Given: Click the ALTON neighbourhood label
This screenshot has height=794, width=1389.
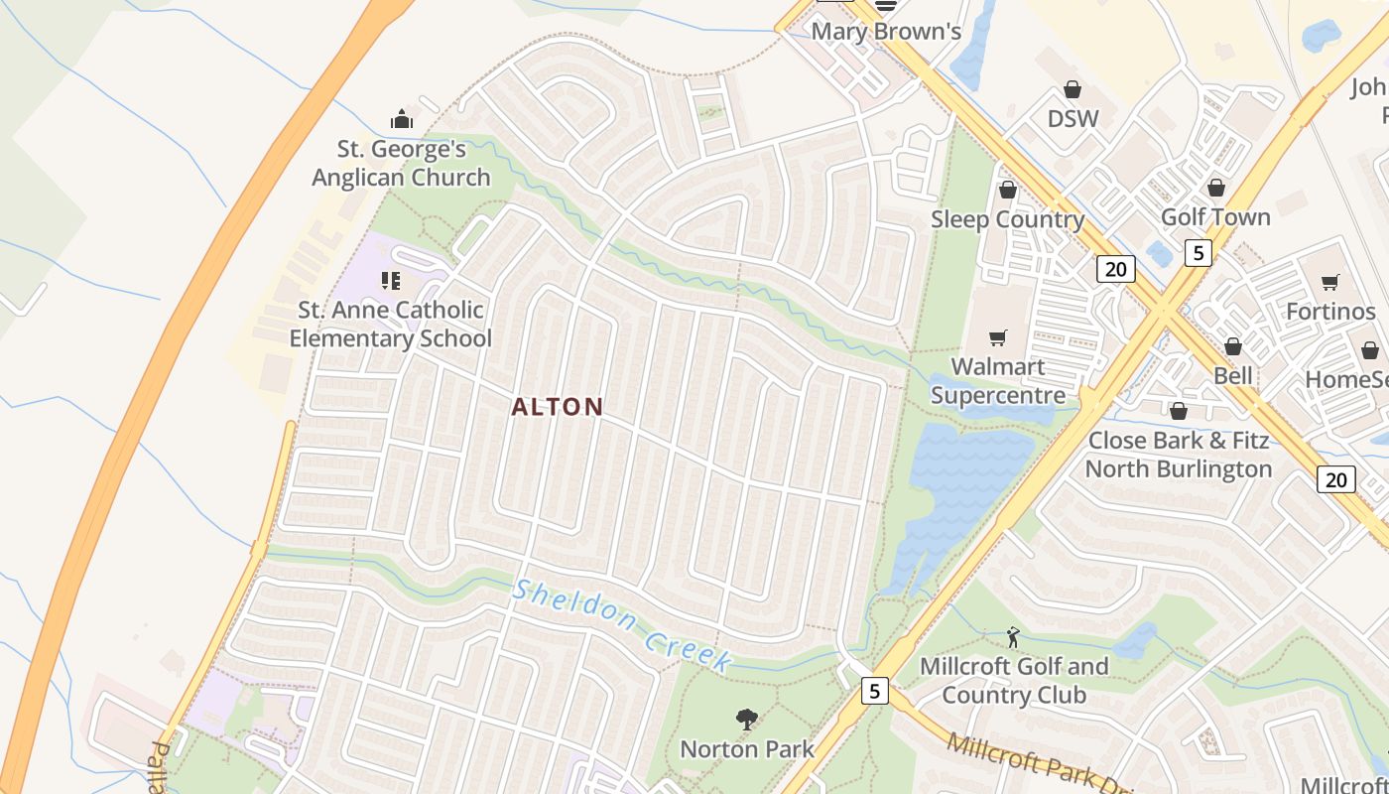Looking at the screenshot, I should click(558, 407).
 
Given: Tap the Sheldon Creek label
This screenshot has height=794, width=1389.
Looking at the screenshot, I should click(623, 626).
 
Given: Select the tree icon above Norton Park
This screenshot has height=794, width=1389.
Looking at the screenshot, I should click(747, 720).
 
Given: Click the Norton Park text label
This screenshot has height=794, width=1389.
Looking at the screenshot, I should click(747, 749).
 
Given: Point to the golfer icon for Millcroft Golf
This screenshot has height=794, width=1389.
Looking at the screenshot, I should click(1013, 637).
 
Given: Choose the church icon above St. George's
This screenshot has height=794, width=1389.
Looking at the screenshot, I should click(402, 120).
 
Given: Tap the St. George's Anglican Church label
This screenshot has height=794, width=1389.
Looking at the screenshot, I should click(402, 164).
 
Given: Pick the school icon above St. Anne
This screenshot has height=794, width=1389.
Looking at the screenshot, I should click(391, 281).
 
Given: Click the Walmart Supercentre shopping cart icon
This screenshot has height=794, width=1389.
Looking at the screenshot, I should click(998, 338).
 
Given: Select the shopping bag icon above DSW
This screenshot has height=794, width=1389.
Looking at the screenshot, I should click(1073, 90).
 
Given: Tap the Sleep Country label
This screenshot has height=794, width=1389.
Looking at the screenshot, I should click(1007, 219).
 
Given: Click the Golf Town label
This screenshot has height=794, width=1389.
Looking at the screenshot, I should click(1215, 216).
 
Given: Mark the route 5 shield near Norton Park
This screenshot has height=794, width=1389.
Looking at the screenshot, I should click(874, 691).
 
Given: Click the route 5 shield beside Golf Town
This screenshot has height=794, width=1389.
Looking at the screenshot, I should click(1199, 253).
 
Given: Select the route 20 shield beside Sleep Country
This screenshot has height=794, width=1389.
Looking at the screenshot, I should click(1116, 268).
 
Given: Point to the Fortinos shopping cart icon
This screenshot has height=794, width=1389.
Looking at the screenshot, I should click(1330, 283).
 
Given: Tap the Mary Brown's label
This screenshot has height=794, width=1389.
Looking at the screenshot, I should click(886, 32).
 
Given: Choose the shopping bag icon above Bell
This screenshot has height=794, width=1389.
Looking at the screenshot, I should click(1233, 346).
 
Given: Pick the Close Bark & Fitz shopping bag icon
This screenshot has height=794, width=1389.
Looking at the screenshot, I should click(1179, 411).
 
